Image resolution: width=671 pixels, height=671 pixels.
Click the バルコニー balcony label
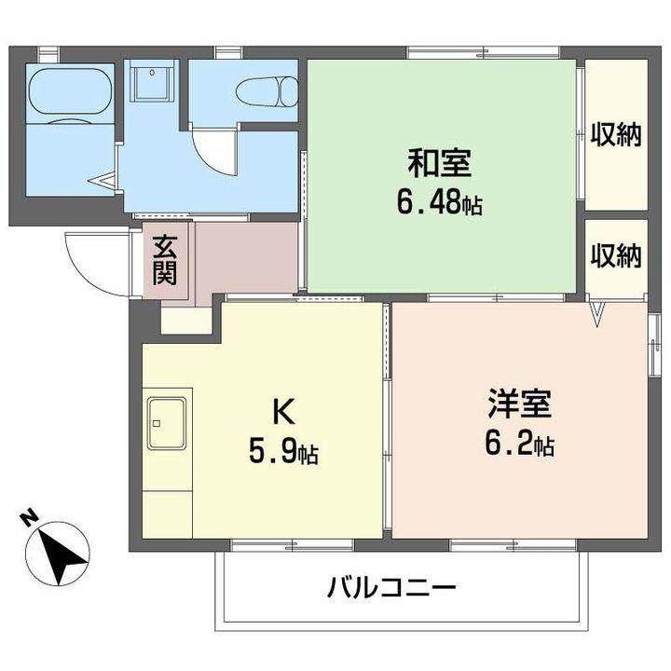point(391,588)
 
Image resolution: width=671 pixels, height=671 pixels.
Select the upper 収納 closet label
point(616,135)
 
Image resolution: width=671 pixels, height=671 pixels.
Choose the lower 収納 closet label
point(616,256)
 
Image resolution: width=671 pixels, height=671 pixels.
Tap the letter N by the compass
point(30,516)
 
